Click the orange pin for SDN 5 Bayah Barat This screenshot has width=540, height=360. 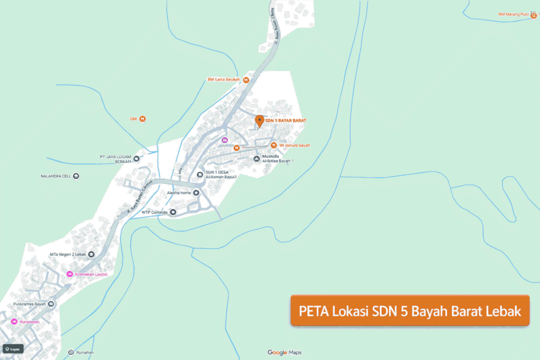(x=259, y=121)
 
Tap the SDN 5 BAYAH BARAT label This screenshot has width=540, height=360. (x=285, y=121)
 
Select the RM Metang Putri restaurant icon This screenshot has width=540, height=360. (x=534, y=15)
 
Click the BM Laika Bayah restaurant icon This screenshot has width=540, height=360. (x=246, y=80)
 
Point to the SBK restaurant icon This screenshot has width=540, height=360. (x=142, y=119)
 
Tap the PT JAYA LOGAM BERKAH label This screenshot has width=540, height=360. (x=114, y=159)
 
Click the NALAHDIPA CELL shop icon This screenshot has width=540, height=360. (x=76, y=176)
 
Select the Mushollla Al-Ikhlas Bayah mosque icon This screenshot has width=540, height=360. (x=257, y=159)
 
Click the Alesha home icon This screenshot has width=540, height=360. (x=197, y=193)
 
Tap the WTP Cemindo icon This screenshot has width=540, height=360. (x=172, y=212)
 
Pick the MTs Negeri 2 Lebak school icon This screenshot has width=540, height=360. (x=91, y=255)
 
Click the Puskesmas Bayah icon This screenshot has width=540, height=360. (x=51, y=304)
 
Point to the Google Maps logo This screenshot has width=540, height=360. (x=284, y=353)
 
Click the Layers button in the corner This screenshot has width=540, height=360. (x=13, y=349)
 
